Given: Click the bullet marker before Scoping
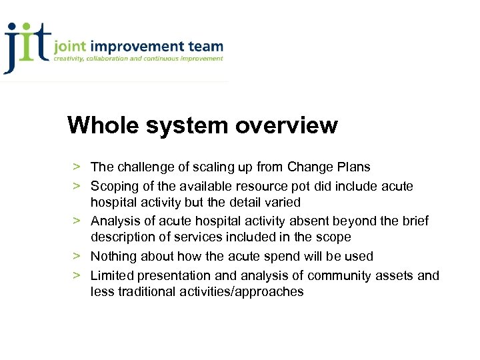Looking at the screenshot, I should [x=77, y=185].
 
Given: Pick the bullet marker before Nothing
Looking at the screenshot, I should [x=77, y=256].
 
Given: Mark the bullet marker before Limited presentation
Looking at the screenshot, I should [x=77, y=275].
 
